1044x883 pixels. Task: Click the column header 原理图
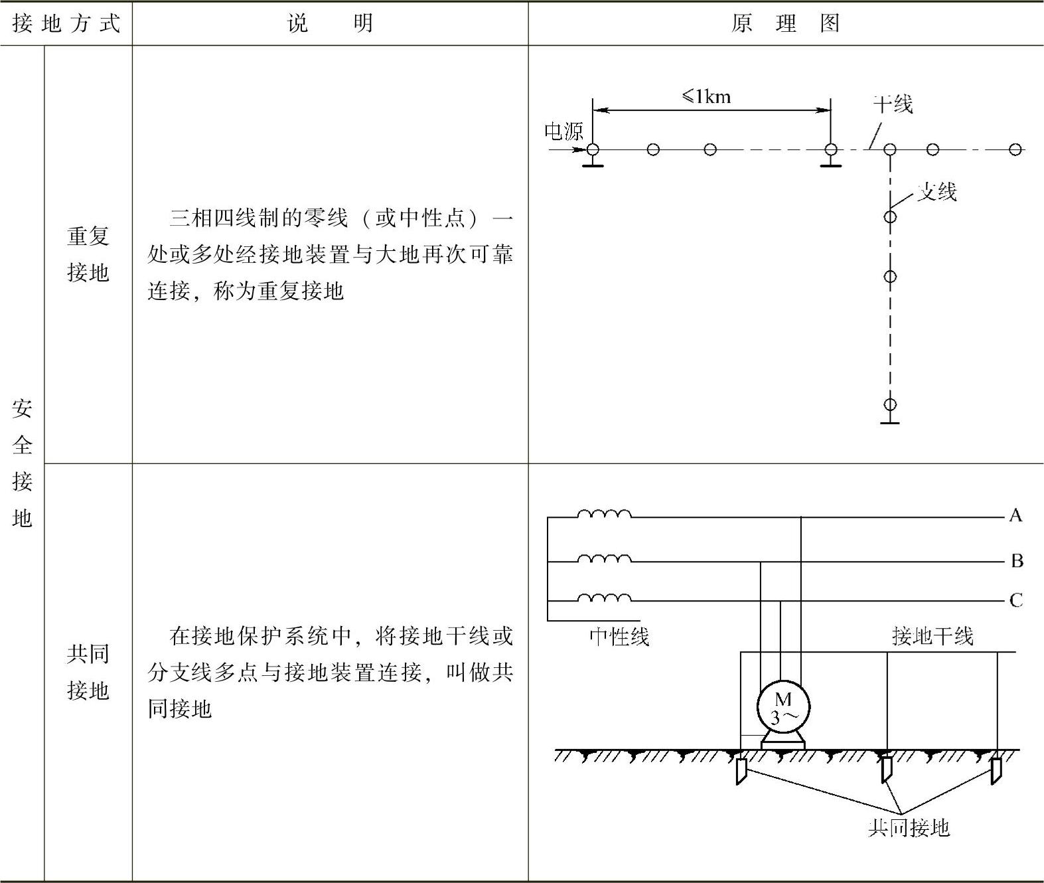[x=785, y=24]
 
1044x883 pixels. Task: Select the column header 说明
[x=330, y=24]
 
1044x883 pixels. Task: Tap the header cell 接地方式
[x=66, y=24]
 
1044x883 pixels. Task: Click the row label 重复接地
[x=88, y=254]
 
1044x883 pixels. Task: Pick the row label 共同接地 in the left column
[x=88, y=672]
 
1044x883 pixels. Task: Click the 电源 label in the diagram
[x=563, y=131]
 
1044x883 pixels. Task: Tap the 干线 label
[x=893, y=104]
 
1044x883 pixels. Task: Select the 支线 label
[x=936, y=192]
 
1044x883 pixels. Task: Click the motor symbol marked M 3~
[x=783, y=708]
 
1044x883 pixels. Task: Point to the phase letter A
[x=1015, y=516]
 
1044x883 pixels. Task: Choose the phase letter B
[x=1016, y=561]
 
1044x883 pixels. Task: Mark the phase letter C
[x=1015, y=601]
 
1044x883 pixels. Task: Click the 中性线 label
[x=619, y=637]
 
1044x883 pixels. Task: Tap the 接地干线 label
[x=932, y=636]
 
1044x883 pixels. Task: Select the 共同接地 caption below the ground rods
[x=909, y=828]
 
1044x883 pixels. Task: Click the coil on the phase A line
[x=604, y=514]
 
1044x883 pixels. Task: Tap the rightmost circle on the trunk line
[x=1015, y=149]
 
